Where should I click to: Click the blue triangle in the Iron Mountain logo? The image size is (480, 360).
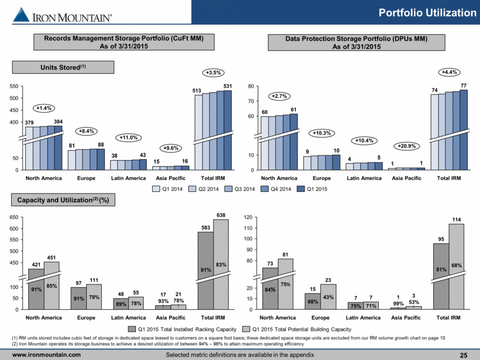21,14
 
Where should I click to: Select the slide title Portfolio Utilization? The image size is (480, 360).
427,13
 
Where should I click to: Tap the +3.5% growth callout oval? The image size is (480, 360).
213,73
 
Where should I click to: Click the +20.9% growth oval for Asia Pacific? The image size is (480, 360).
407,146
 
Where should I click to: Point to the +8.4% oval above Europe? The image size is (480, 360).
86,131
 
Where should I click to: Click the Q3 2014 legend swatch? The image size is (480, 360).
228,189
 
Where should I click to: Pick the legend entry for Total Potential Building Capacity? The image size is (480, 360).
297,329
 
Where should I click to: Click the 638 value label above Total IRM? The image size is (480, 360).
221,215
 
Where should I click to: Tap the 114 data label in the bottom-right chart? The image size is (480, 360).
456,220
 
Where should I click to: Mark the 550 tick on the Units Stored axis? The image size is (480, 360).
14,86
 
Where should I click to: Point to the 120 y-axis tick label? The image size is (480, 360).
248,217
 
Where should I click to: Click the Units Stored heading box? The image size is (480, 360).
63,67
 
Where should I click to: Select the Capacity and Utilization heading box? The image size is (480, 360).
63,200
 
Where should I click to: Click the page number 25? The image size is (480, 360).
464,355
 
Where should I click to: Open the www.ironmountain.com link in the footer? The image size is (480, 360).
46,355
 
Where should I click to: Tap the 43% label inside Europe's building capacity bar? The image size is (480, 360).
328,297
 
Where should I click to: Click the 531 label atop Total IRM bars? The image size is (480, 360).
227,86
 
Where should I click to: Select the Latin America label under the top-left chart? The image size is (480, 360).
128,178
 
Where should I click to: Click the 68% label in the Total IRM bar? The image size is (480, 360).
456,265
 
